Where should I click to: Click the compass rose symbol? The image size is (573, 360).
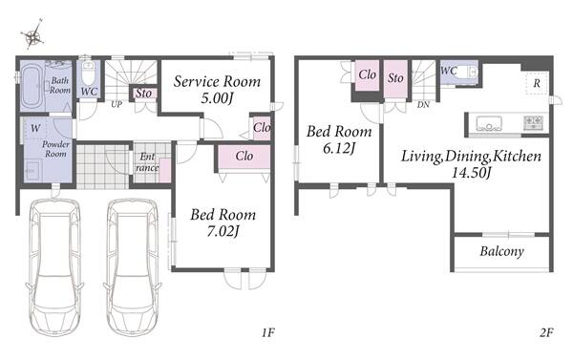click(32, 34)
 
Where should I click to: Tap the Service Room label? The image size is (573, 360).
click(217, 81)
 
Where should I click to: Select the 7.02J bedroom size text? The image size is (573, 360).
click(223, 231)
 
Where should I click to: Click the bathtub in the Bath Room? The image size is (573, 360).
click(30, 88)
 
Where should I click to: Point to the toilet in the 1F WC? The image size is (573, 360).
click(88, 74)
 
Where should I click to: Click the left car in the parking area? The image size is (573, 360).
click(54, 266)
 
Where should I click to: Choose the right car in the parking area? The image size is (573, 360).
click(133, 266)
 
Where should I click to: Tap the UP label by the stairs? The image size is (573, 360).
click(117, 104)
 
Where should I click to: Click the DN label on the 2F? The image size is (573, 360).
click(423, 105)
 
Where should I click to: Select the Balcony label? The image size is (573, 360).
click(501, 251)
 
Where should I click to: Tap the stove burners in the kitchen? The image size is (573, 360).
click(534, 122)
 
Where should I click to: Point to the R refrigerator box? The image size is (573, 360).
click(537, 84)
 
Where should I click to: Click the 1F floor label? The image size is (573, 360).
click(267, 332)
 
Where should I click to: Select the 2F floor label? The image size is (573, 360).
click(546, 332)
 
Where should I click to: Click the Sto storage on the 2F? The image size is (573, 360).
click(395, 78)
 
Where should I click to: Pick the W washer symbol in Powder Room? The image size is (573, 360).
click(35, 128)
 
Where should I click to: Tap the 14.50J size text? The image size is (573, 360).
click(471, 173)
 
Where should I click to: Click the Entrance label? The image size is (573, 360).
click(147, 162)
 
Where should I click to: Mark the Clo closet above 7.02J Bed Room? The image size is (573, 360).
click(244, 157)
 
